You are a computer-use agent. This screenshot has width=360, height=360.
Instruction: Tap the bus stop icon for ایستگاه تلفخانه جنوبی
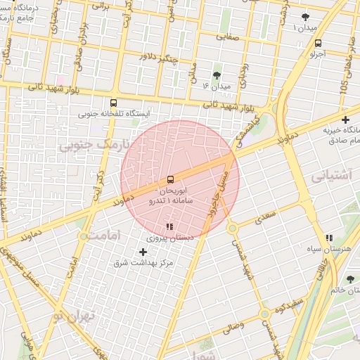click(103, 103)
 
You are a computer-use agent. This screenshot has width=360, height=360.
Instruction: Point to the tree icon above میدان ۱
click(304, 17)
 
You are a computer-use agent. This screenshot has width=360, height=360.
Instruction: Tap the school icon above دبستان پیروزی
click(169, 227)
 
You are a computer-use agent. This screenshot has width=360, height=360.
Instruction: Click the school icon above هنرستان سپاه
click(330, 238)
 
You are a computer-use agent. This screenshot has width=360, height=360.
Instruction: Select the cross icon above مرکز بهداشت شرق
click(143, 251)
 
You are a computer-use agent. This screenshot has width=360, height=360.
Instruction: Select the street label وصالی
click(233, 326)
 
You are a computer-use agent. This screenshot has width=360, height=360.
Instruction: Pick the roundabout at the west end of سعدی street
click(232, 229)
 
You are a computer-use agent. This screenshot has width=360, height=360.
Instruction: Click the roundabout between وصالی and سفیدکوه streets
click(264, 314)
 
